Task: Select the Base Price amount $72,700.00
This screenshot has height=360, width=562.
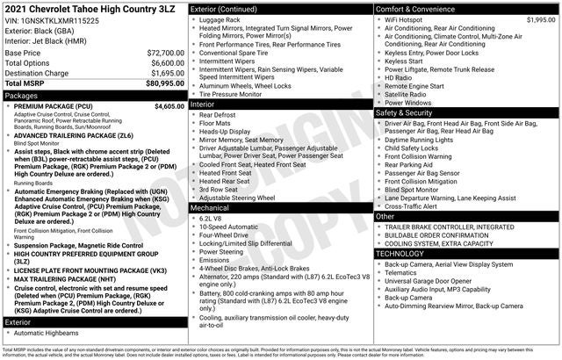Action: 165,53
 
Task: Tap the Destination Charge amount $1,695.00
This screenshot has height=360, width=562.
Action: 167,73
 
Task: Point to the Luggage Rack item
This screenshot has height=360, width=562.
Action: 220,19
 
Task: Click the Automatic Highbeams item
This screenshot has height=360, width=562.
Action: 46,334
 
